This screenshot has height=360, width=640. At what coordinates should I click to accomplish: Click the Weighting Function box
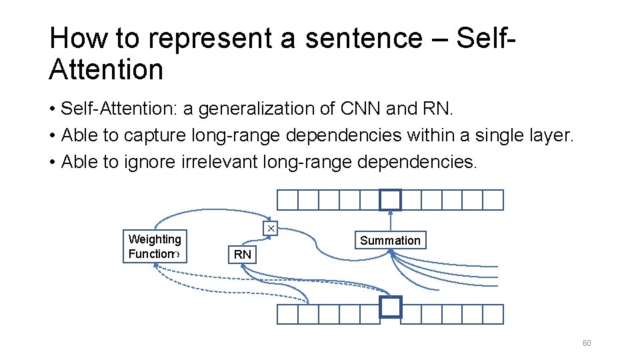(x=155, y=247)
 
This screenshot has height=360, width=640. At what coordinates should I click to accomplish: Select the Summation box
(x=390, y=241)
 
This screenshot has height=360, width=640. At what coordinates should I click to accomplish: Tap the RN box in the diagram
(x=243, y=255)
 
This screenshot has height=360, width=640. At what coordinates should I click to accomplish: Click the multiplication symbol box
(x=271, y=229)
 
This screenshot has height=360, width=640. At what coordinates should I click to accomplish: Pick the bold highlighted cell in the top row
(x=390, y=200)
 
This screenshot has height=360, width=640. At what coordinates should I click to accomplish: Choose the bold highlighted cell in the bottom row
(x=391, y=307)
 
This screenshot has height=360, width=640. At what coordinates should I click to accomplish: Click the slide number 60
(x=587, y=343)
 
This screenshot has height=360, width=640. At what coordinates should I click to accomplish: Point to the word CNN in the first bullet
(x=360, y=108)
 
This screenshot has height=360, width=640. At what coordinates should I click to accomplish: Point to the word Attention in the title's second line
(x=106, y=69)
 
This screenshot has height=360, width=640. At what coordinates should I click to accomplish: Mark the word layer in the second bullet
(x=551, y=135)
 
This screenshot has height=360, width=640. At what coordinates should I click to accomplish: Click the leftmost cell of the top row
(x=287, y=200)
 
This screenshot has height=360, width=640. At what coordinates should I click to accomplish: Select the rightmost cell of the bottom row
(x=493, y=314)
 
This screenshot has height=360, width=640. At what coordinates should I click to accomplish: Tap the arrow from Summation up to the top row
(x=390, y=221)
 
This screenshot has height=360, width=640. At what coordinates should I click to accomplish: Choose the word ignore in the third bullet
(x=150, y=163)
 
